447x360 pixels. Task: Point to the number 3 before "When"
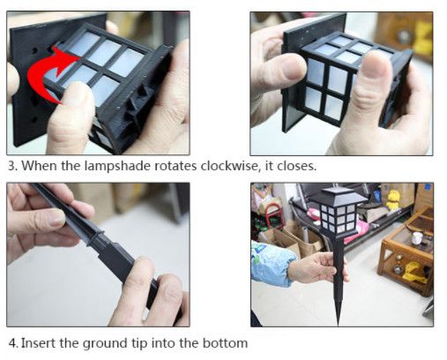(x=11, y=166)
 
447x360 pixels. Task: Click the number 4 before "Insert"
(x=12, y=343)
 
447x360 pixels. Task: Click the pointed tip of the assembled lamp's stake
(x=339, y=324)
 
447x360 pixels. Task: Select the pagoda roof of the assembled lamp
(x=339, y=194)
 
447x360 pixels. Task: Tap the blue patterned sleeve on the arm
(x=272, y=262)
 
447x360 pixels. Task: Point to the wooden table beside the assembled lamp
(x=406, y=253)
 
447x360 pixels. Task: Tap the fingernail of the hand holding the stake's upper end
(x=56, y=218)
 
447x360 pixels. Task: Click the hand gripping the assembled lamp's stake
(x=317, y=267)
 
